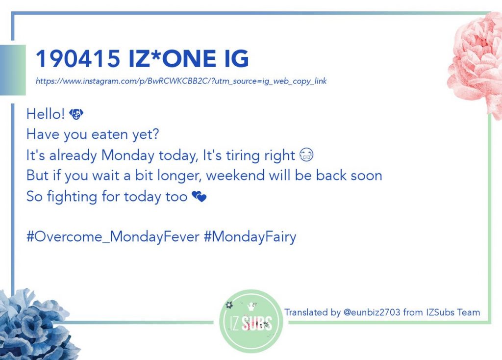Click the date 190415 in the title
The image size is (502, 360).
pos(78,58)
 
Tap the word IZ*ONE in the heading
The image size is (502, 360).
pos(172,58)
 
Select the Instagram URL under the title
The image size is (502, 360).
pos(181,81)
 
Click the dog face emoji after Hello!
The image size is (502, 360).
pos(76,114)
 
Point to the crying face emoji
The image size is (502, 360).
pos(306,154)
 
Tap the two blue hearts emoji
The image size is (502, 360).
pos(199,196)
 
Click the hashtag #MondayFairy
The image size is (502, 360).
pos(250,237)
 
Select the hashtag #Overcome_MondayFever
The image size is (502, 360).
pos(113,237)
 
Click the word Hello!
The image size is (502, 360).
pos(46,114)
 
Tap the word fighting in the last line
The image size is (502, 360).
pos(72,196)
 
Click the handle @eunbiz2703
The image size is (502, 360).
pos(372,312)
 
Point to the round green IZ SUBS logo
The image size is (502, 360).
pos(251,321)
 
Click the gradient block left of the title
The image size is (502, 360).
pos(13,70)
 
